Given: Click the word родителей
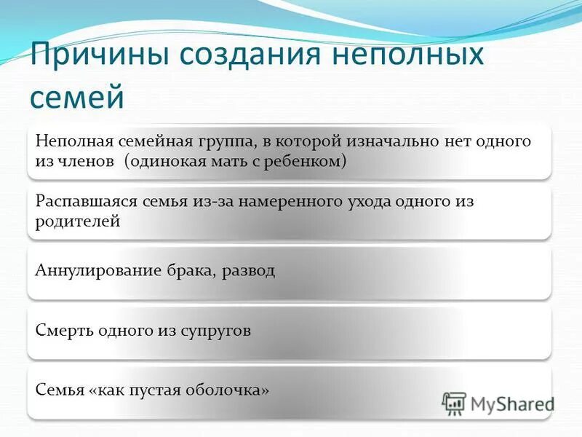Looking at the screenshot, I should point(77,221).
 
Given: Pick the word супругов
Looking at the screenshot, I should point(218,331).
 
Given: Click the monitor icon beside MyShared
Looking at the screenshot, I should point(454,403).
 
